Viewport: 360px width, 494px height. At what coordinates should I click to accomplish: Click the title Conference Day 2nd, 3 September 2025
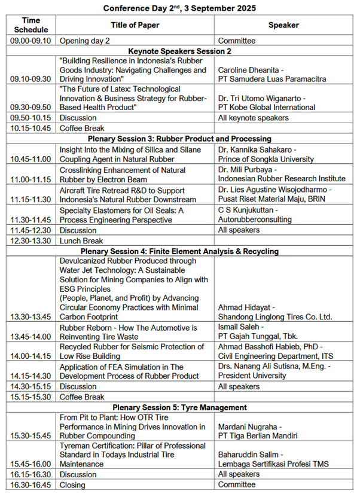pos(179,8)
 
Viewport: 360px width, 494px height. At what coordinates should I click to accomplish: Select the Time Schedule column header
pos(31,25)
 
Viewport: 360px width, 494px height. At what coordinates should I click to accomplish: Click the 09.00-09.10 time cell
pos(31,41)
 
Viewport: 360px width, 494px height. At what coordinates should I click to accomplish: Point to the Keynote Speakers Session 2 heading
pos(179,51)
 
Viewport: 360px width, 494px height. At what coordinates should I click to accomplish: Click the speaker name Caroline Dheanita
pos(251,70)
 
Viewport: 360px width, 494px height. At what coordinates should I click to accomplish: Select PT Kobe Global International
pos(267,107)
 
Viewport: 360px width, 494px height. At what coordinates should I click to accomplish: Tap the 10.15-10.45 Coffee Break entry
pos(82,127)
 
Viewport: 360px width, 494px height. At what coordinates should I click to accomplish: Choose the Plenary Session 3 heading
pos(179,138)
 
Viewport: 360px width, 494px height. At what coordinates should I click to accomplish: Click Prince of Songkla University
pos(266,159)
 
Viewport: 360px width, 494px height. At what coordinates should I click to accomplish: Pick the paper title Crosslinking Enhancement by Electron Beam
pos(121,173)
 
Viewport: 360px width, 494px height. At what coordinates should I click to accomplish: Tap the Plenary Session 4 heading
pos(179,251)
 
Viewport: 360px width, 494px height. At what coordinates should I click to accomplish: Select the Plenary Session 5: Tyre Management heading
pos(179,407)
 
